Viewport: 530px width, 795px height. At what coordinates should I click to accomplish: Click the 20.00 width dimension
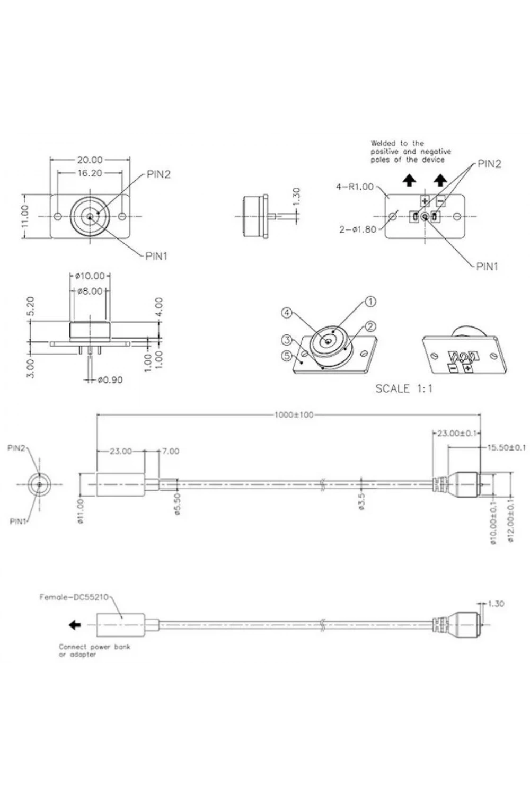(x=90, y=160)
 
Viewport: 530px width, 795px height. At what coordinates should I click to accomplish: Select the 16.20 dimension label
(x=90, y=173)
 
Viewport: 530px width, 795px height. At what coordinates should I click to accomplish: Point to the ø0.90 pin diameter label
(x=110, y=380)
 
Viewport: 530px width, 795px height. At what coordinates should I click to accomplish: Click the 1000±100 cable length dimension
(x=294, y=415)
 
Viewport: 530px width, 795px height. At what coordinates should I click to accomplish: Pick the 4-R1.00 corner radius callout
(x=355, y=187)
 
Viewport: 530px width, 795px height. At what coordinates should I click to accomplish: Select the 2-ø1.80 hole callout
(x=357, y=229)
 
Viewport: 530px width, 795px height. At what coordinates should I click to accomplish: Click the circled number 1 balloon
(x=370, y=302)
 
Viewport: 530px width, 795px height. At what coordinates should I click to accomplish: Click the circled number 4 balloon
(x=287, y=313)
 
